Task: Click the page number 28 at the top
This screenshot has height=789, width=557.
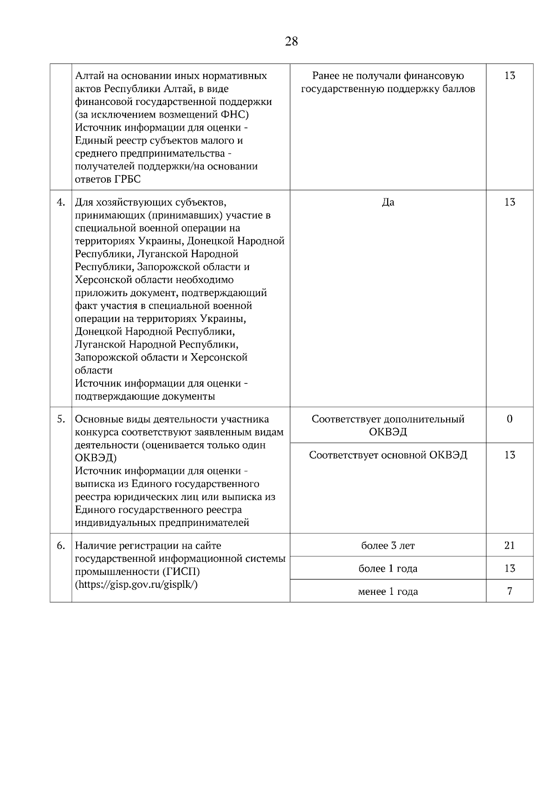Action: pyautogui.click(x=291, y=41)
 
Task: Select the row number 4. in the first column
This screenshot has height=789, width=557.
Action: pyautogui.click(x=61, y=202)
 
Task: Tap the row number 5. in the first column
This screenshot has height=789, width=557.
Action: pyautogui.click(x=61, y=419)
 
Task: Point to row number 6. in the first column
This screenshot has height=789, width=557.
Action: pyautogui.click(x=61, y=546)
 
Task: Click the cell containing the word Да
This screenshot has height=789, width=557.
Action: pyautogui.click(x=388, y=202)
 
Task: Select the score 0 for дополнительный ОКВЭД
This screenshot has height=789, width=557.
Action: pyautogui.click(x=509, y=419)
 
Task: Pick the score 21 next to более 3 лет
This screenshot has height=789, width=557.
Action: pyautogui.click(x=509, y=546)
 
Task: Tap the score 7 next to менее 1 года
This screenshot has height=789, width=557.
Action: pyautogui.click(x=509, y=592)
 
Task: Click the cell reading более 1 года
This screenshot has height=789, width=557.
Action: pyautogui.click(x=388, y=568)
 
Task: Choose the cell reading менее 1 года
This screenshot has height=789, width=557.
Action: pyautogui.click(x=388, y=592)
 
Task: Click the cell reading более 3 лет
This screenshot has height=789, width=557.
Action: pyautogui.click(x=388, y=546)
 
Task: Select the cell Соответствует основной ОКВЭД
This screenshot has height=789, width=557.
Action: pyautogui.click(x=388, y=455)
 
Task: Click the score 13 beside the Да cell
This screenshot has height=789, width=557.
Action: pyautogui.click(x=509, y=202)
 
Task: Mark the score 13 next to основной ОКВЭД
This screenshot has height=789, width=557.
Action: pyautogui.click(x=509, y=455)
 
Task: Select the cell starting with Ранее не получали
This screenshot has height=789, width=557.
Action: pyautogui.click(x=388, y=82)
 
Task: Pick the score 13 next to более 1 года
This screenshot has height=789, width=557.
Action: pyautogui.click(x=509, y=568)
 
